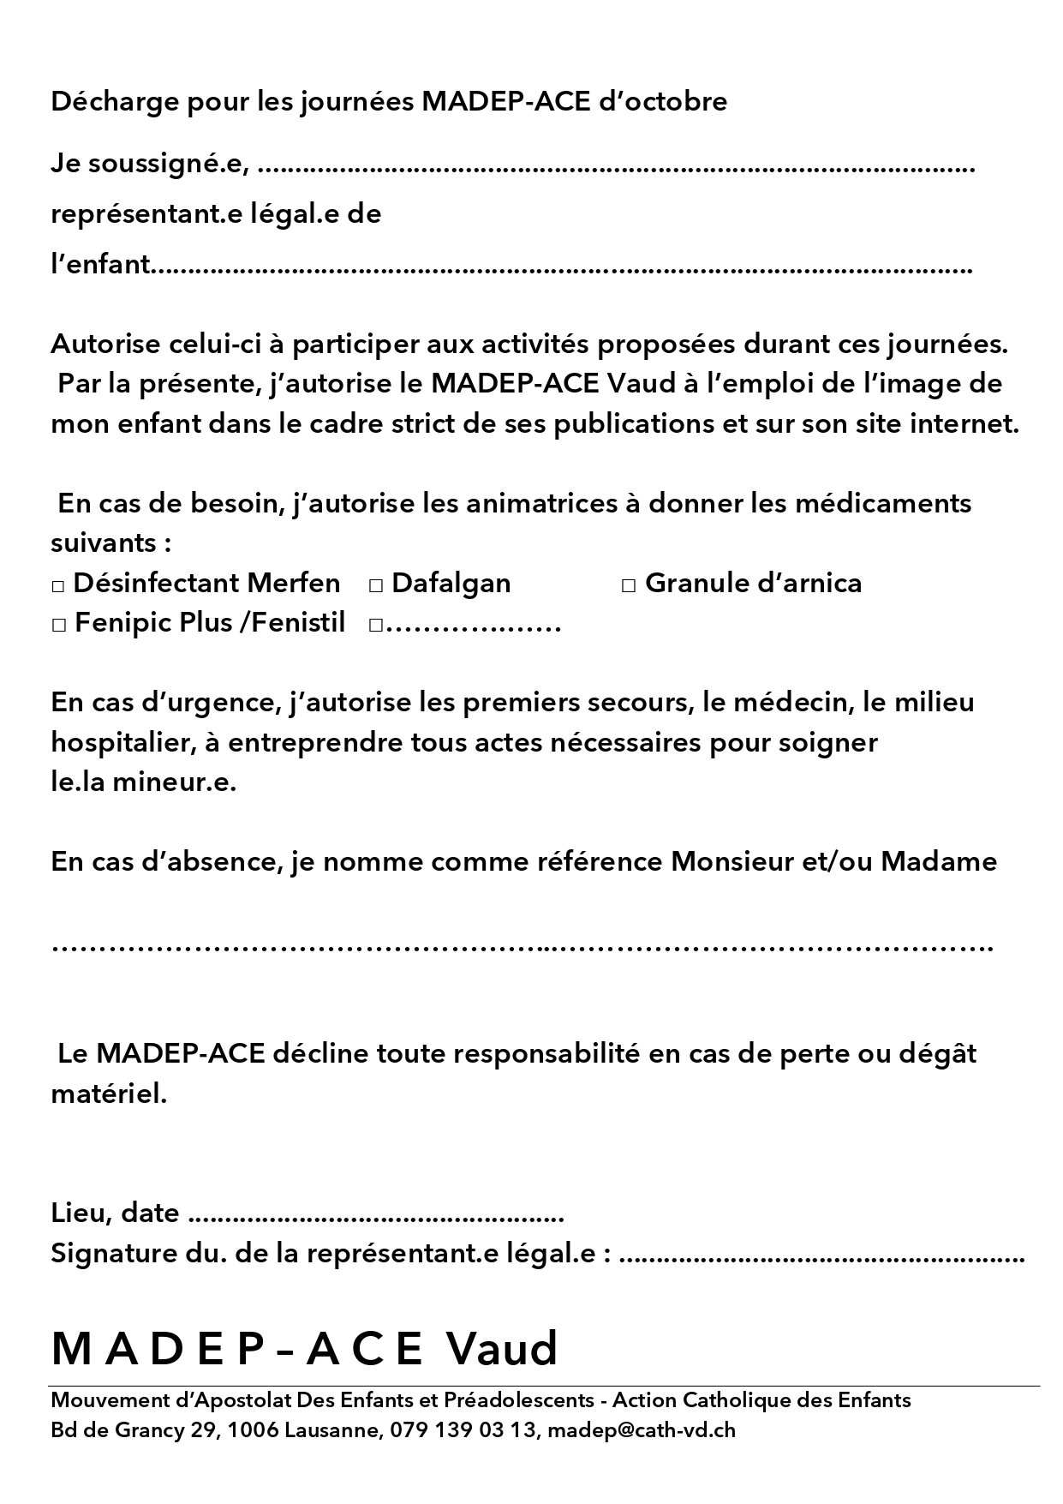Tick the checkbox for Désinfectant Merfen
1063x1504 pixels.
click(x=58, y=586)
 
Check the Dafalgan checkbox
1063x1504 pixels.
click(x=375, y=586)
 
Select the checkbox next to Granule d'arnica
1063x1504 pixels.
click(x=629, y=586)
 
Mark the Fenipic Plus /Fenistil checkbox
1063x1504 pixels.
click(x=58, y=626)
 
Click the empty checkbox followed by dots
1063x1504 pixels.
click(x=375, y=626)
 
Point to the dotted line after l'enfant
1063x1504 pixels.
click(x=561, y=269)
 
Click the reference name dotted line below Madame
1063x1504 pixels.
click(x=523, y=949)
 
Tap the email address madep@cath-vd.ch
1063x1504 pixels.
click(x=641, y=1430)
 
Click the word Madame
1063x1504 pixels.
click(x=939, y=861)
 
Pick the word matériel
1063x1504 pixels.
click(x=109, y=1094)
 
